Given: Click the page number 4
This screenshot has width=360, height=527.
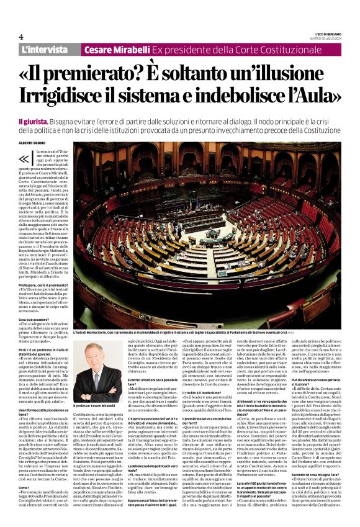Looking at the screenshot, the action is (x=21, y=37).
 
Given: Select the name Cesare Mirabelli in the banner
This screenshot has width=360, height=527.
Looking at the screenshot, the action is (x=117, y=49).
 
